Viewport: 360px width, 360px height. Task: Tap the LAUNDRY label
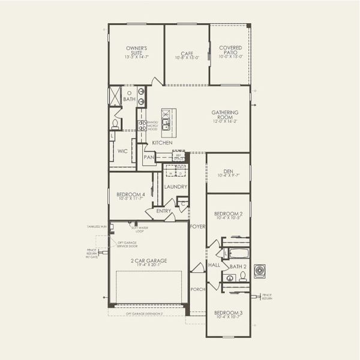click(x=176, y=187)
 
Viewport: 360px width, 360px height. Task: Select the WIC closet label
click(x=122, y=151)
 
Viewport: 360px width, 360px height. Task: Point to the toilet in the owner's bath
click(x=115, y=124)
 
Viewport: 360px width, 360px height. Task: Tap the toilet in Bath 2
click(x=242, y=277)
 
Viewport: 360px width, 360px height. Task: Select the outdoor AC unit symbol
click(x=259, y=271)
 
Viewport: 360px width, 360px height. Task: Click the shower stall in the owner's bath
click(x=115, y=97)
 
